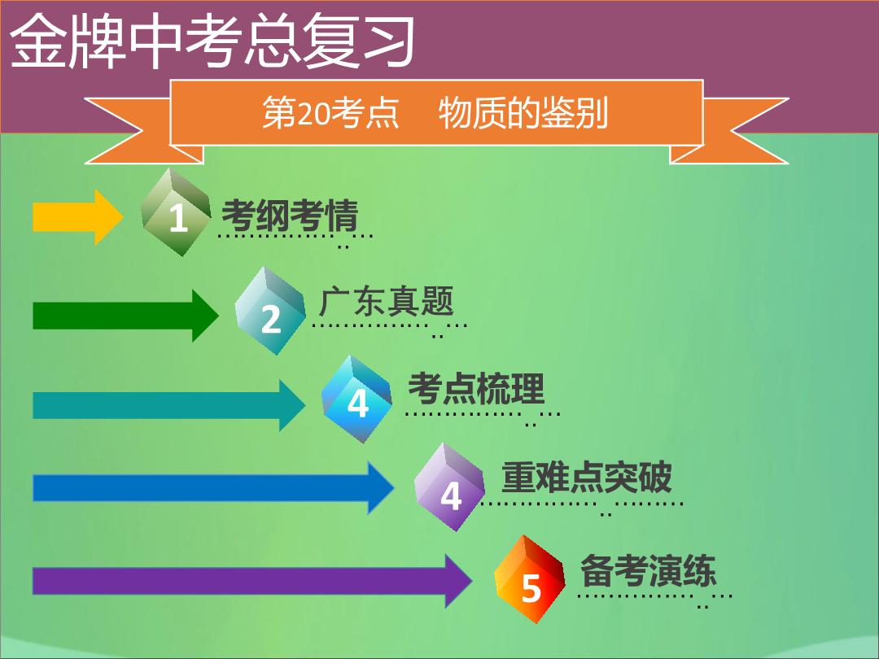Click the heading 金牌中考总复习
click(212, 41)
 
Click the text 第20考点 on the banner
click(330, 112)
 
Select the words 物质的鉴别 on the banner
click(523, 112)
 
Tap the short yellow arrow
click(78, 217)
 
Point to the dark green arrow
click(125, 316)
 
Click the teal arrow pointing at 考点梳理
click(169, 405)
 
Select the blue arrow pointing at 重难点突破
click(213, 487)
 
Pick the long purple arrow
click(252, 581)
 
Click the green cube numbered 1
click(176, 212)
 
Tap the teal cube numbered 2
click(270, 311)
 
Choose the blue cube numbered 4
click(356, 399)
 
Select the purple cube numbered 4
click(449, 487)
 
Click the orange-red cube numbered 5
click(531, 579)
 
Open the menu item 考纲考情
click(290, 215)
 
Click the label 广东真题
click(387, 302)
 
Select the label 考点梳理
click(476, 388)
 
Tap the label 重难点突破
click(586, 477)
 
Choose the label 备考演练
click(648, 570)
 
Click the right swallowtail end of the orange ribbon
click(729, 130)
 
